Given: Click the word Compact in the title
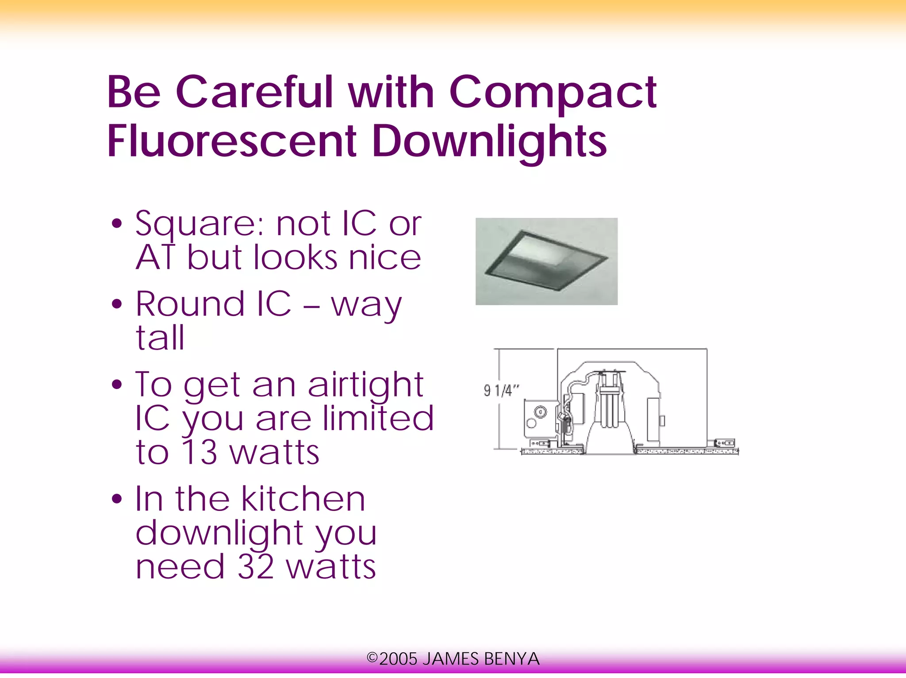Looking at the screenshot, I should coord(553,93).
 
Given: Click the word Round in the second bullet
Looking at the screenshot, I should coord(190,304).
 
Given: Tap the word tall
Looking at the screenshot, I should coord(160,338).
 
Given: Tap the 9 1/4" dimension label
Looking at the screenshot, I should coord(501,391).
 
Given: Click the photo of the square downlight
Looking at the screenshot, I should coord(546,261).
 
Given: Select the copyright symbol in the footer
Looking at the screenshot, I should coord(372,658).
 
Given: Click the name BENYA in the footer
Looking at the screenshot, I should coord(512,659).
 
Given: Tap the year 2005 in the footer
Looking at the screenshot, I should coord(398,659).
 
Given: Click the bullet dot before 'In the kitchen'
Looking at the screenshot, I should coord(117,499).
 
